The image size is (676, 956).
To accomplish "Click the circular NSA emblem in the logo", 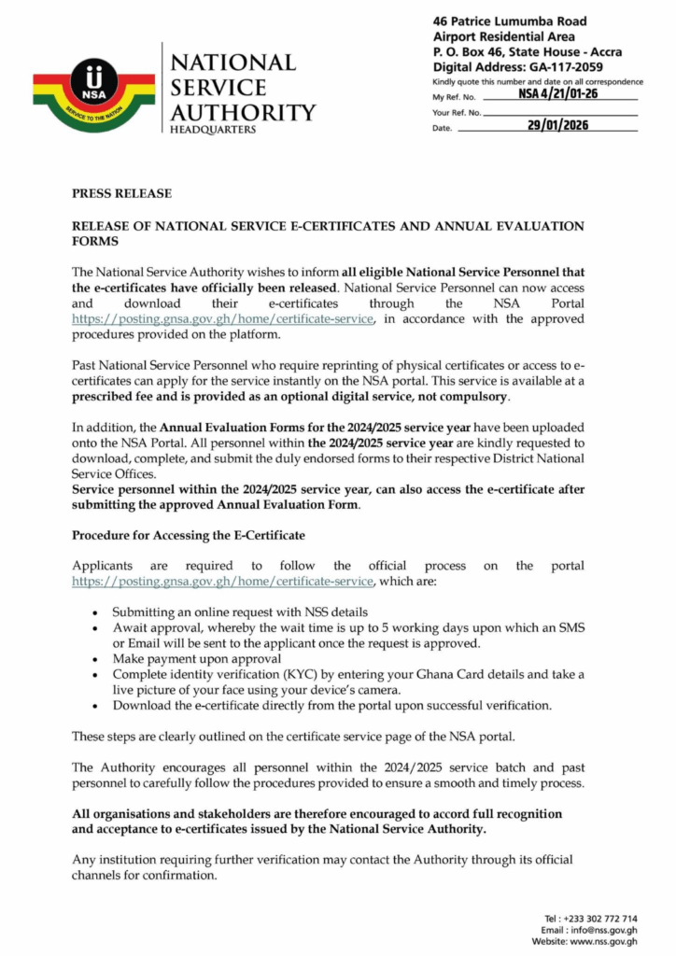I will (x=93, y=83).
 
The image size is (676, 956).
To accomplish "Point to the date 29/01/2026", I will (x=557, y=126).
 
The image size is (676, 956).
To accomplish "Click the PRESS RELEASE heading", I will (x=121, y=193).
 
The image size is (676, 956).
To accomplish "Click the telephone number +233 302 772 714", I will (x=605, y=918).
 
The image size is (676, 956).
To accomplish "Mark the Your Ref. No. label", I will (x=457, y=112).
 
